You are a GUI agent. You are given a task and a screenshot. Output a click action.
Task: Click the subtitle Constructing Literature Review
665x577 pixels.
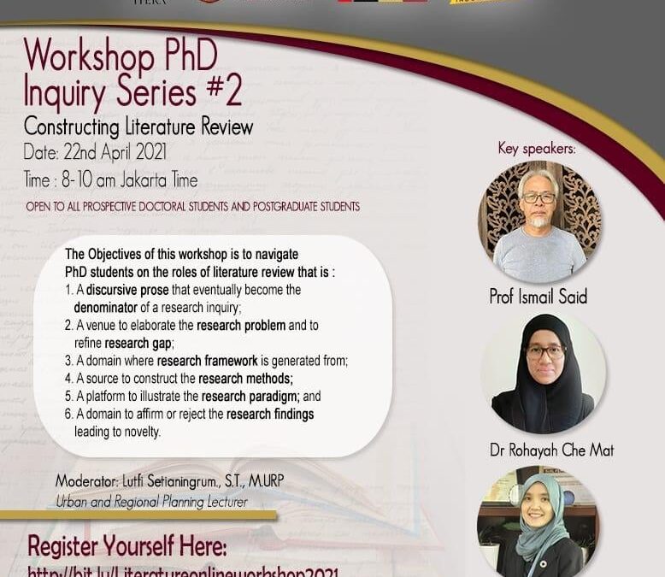138,127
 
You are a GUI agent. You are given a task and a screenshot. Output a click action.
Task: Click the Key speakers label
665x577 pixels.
537,149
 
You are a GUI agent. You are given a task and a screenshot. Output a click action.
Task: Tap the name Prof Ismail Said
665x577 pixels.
538,296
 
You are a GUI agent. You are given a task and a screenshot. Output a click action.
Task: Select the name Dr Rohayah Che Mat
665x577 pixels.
551,450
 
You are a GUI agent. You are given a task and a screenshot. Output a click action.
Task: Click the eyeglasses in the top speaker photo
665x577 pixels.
538,197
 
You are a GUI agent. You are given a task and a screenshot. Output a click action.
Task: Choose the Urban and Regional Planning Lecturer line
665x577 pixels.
151,502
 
